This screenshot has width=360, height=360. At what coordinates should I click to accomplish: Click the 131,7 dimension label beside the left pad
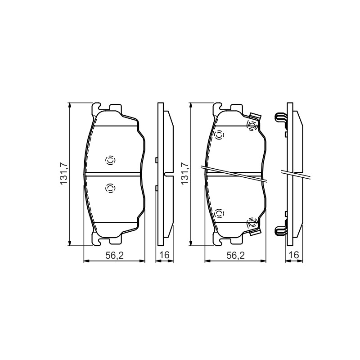[63, 173]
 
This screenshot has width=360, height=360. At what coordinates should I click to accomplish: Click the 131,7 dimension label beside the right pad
[184, 173]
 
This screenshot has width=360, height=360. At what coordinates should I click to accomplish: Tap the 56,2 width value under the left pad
[115, 255]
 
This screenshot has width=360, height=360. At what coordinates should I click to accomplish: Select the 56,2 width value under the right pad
[235, 255]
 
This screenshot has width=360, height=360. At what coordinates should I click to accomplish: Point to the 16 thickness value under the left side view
[164, 255]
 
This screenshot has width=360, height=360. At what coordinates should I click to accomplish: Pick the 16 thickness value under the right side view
[294, 255]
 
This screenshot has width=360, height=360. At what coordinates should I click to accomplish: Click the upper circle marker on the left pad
[110, 160]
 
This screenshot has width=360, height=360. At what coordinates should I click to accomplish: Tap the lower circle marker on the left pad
[110, 188]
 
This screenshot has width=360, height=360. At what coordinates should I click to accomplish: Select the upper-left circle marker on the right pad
[219, 135]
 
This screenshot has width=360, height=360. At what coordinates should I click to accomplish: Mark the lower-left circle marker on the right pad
[219, 214]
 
